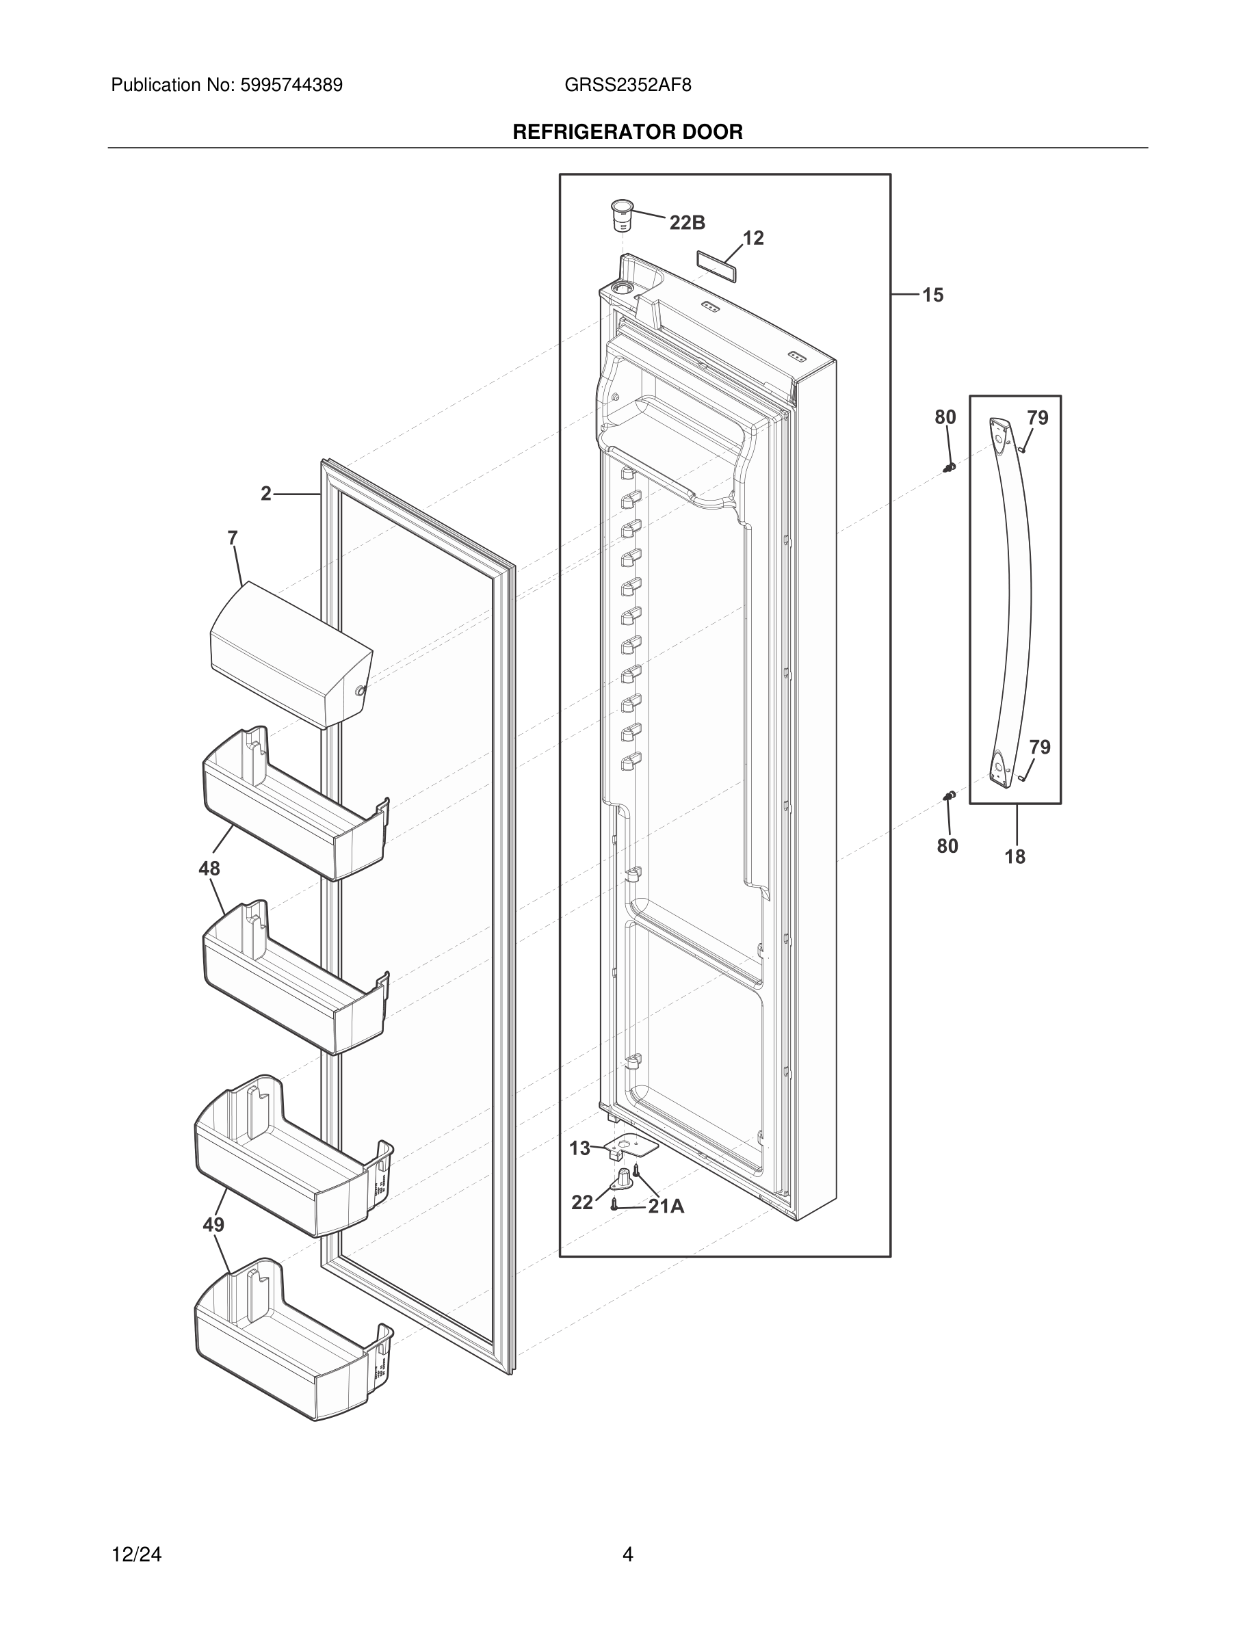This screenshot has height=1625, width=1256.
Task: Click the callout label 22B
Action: pos(687,222)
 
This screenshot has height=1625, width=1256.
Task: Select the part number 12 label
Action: pos(753,238)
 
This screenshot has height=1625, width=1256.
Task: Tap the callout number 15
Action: pos(932,295)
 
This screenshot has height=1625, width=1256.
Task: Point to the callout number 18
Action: pos(1015,856)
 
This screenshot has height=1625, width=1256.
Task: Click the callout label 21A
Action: pos(666,1206)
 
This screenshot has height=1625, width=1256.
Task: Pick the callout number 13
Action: pos(579,1148)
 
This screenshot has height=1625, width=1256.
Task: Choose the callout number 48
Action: pos(209,869)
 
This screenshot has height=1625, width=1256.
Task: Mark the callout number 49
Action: pos(213,1225)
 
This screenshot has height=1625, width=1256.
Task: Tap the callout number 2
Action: pos(265,493)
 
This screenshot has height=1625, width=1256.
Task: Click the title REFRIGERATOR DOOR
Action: pos(627,133)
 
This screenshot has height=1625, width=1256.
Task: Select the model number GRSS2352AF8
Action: pos(627,85)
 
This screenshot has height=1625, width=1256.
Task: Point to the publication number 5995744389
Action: pos(290,85)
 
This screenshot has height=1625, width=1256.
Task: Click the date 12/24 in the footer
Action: pos(136,1555)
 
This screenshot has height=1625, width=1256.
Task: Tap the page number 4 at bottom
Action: pos(627,1555)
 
